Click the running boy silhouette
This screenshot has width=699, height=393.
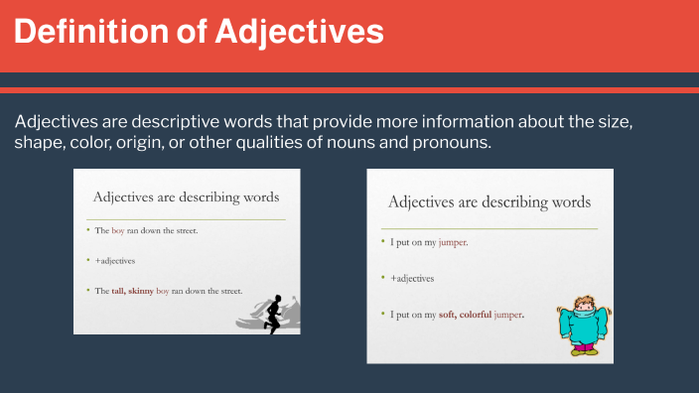point(275,313)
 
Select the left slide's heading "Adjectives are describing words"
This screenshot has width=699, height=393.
point(186,196)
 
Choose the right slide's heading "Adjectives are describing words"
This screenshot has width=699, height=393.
point(489,201)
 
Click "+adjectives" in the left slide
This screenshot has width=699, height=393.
point(115,260)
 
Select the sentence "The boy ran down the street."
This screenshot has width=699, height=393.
point(147,230)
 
